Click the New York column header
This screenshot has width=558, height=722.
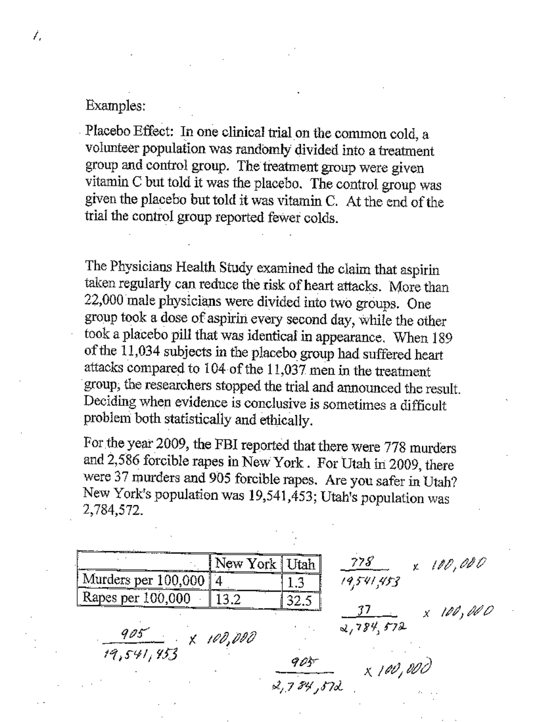click(x=246, y=564)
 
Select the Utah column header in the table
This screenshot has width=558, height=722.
click(x=301, y=564)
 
